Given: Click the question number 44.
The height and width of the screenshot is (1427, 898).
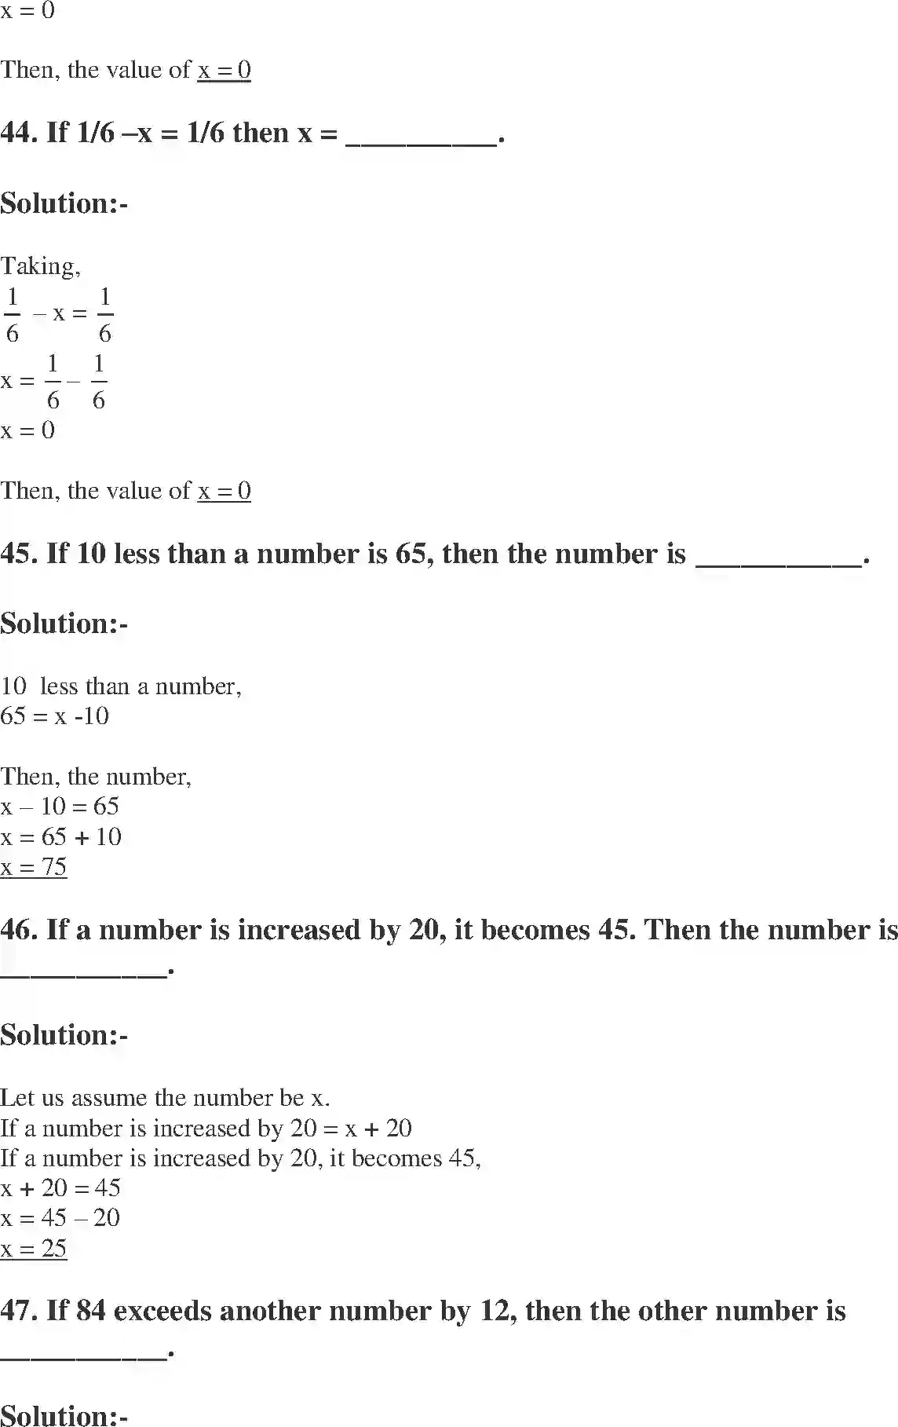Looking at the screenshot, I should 19,133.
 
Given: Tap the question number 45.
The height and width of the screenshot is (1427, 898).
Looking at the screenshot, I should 19,554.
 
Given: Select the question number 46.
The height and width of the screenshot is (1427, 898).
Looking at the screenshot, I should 19,930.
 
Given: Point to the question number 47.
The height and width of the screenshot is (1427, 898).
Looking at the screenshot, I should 19,1311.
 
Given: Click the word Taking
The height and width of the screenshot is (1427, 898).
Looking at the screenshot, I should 39,266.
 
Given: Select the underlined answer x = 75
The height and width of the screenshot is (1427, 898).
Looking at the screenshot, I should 34,867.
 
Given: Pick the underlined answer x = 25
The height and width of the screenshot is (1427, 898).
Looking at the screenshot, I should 34,1249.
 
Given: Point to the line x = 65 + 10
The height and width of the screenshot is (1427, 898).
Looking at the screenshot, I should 61,837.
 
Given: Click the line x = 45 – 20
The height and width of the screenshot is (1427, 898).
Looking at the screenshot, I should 60,1218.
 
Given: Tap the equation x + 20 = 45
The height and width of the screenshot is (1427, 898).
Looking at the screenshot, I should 60,1188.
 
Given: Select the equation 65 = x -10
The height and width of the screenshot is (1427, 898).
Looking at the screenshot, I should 55,716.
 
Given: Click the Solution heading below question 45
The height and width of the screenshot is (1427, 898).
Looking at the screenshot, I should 64,624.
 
